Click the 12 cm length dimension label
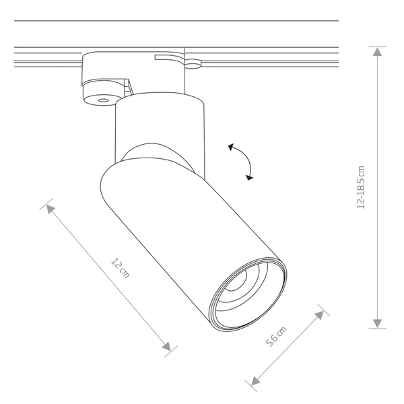point(120,268)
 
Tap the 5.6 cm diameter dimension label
point(276,337)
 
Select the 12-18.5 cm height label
point(361,187)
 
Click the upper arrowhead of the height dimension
point(378,52)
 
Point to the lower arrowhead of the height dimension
point(378,323)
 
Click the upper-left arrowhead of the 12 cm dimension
point(50,209)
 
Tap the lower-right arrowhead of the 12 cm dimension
point(166,346)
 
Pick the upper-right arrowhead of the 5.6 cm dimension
point(319,315)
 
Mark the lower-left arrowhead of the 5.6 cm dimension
point(255,380)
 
